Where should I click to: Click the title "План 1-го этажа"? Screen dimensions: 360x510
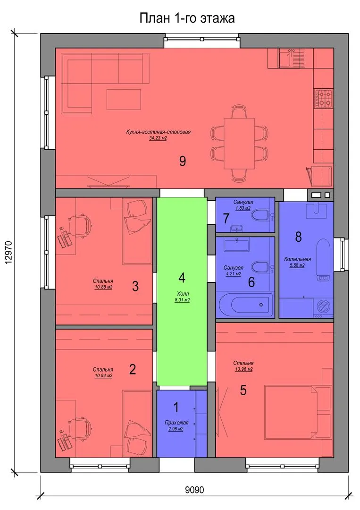187,18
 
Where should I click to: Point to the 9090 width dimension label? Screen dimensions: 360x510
194,489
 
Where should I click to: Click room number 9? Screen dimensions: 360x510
183,161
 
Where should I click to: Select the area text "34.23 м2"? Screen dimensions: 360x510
158,138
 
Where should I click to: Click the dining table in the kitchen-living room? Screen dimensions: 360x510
240,143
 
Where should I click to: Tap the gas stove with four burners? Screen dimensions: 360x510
323,99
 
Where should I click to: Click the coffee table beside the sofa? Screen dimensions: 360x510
124,100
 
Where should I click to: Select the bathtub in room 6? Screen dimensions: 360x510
246,305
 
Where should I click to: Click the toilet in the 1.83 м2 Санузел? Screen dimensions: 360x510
260,215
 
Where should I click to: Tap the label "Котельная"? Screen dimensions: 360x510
297,259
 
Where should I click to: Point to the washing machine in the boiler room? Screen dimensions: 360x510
323,308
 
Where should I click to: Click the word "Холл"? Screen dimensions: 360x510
182,294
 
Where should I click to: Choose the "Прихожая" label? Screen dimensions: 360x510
176,423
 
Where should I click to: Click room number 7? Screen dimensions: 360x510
226,219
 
